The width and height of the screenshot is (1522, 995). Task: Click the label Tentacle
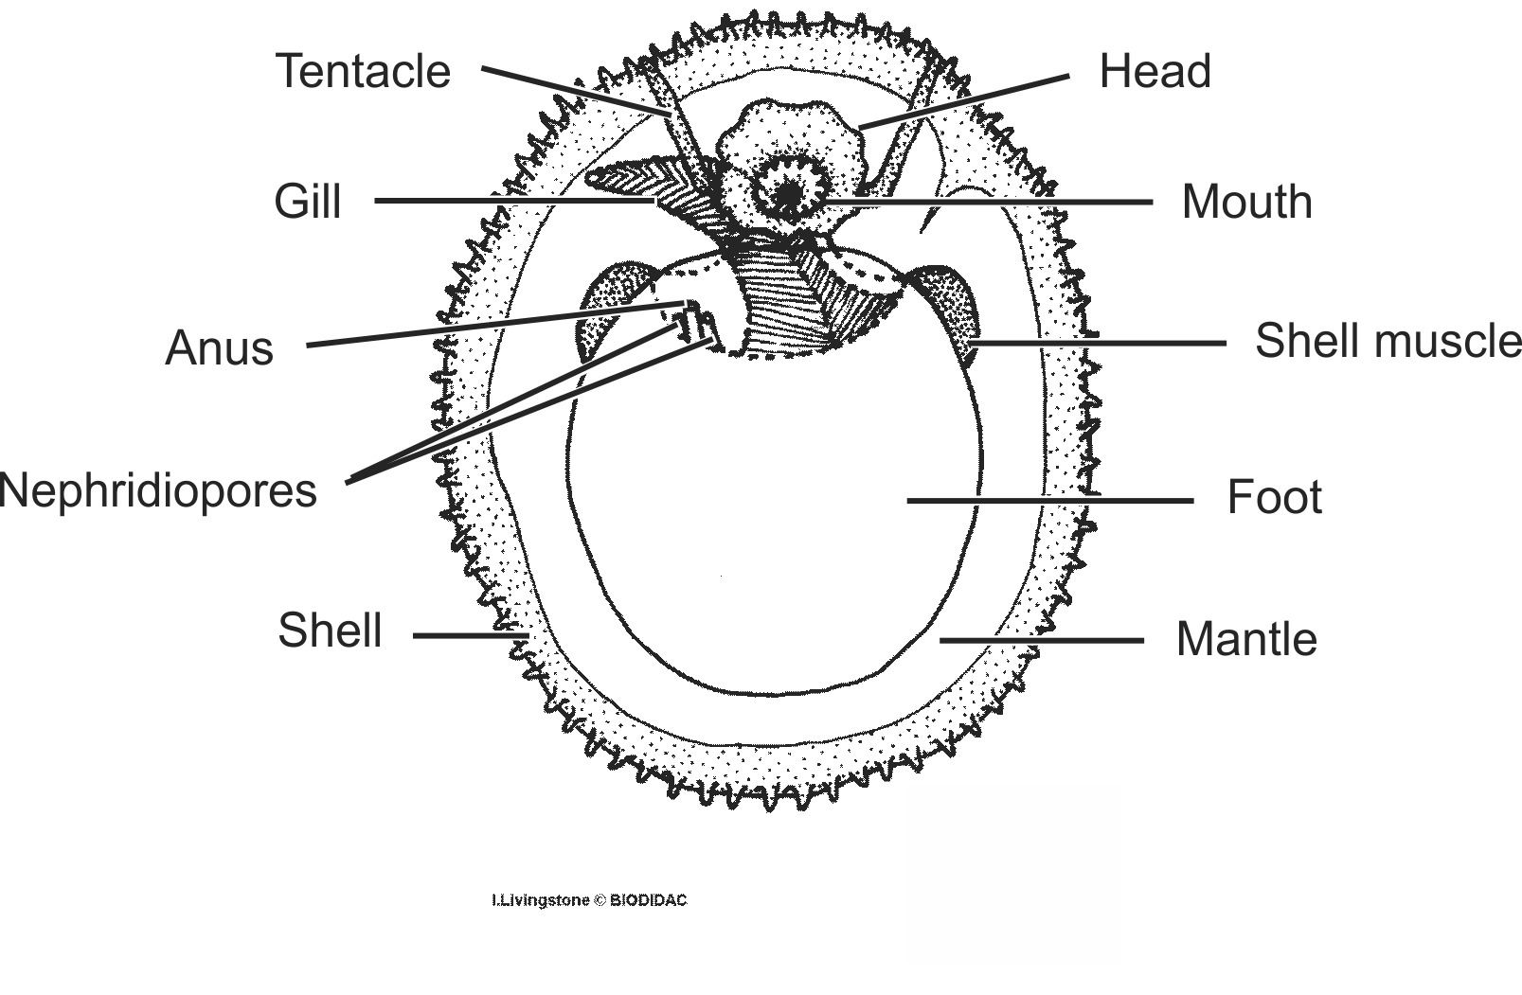pyautogui.click(x=363, y=72)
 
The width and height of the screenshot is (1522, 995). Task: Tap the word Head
pyautogui.click(x=1155, y=72)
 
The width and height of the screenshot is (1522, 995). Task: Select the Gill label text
pyautogui.click(x=307, y=202)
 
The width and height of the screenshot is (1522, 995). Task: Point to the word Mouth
pyautogui.click(x=1246, y=203)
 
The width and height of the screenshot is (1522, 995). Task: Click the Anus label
pyautogui.click(x=219, y=348)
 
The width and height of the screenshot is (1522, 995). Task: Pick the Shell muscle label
pyautogui.click(x=1387, y=342)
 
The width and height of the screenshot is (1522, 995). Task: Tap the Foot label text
pyautogui.click(x=1274, y=498)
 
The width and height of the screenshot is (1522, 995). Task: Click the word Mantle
pyautogui.click(x=1245, y=640)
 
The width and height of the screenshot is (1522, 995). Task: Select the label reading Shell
pyautogui.click(x=330, y=631)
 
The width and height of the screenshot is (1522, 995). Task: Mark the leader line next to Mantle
pyautogui.click(x=1041, y=641)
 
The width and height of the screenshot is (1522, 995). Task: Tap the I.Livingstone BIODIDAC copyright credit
pyautogui.click(x=588, y=900)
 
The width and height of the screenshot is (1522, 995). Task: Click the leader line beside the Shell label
pyautogui.click(x=469, y=635)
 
